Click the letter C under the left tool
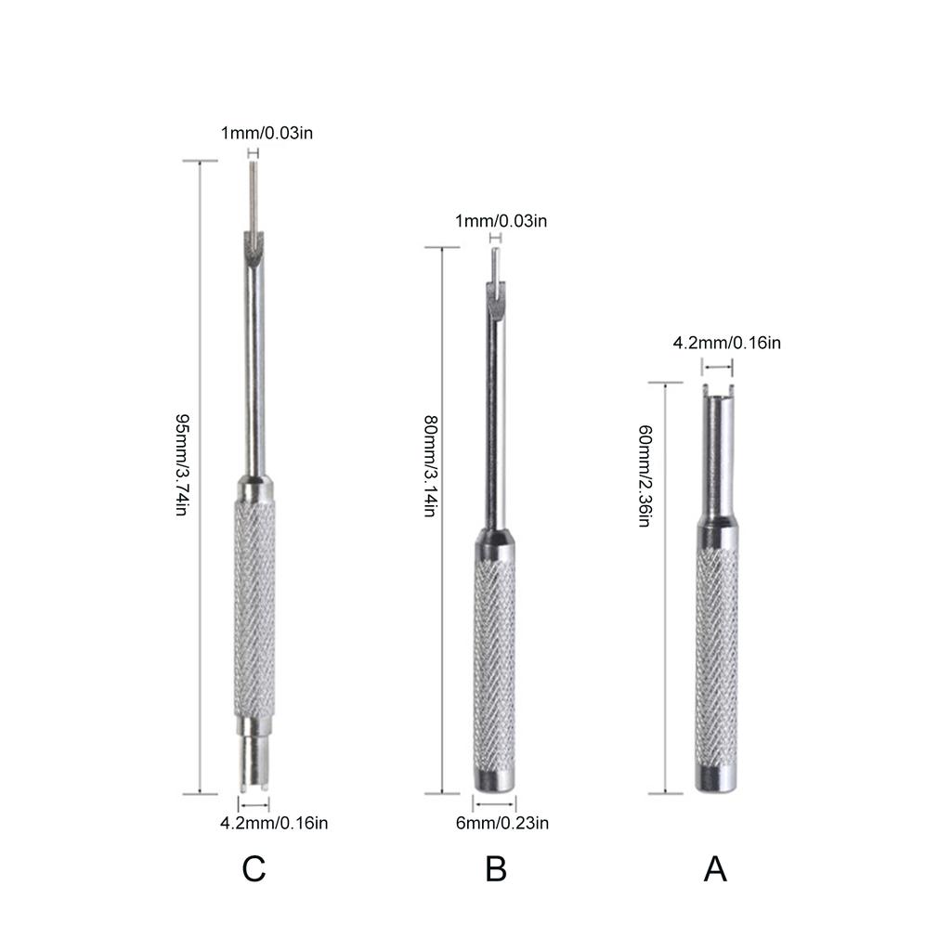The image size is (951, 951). coord(254,869)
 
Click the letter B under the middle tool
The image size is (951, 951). coord(496,869)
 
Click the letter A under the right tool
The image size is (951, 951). coord(715,869)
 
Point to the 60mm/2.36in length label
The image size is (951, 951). coord(643,475)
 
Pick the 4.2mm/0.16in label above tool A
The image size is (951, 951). coord(726,343)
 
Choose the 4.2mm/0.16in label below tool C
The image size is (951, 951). coord(274,823)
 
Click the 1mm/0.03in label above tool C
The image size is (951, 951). coord(267,133)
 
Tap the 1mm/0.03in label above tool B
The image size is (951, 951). coord(501,221)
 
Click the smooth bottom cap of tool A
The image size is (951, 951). coord(716,777)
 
